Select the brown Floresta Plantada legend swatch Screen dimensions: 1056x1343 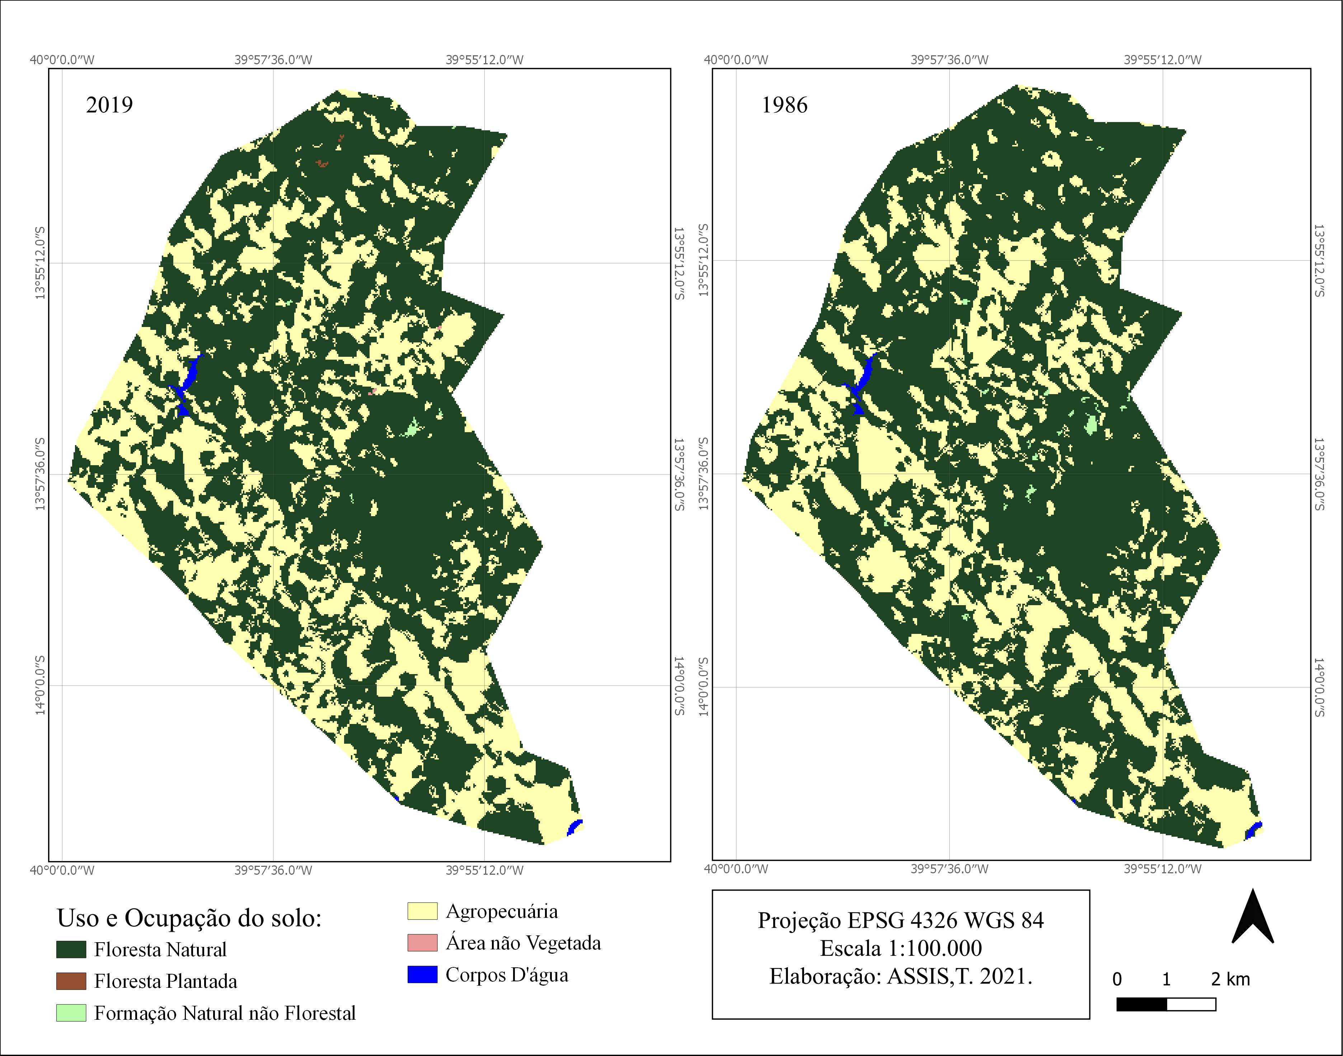[x=71, y=981]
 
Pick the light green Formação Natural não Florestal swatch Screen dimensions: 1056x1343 [x=71, y=1013]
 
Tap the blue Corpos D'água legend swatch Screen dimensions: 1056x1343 [x=422, y=975]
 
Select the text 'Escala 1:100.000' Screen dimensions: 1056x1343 [x=901, y=948]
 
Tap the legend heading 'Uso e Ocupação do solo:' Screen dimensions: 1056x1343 [x=189, y=918]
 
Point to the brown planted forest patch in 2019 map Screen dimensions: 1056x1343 [x=321, y=164]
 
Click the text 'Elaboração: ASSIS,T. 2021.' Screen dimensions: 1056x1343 [x=901, y=976]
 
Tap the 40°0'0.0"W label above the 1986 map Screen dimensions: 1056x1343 [x=736, y=60]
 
